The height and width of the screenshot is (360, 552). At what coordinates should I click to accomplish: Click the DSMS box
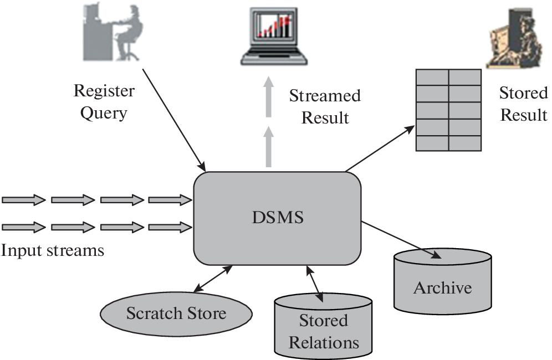click(277, 218)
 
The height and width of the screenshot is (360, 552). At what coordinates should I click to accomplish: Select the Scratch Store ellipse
click(176, 313)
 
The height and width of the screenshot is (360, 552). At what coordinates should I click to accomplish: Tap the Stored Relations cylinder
click(324, 327)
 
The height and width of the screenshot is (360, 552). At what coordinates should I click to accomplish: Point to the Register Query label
click(104, 102)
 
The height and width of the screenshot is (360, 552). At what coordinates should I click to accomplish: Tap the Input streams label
click(52, 250)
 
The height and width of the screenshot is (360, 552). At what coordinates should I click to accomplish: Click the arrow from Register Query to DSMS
click(174, 119)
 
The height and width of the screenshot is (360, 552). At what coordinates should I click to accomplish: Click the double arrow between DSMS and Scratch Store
click(213, 279)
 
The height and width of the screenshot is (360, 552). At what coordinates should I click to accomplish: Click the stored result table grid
click(448, 110)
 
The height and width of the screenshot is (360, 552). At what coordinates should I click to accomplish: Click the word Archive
click(442, 288)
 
